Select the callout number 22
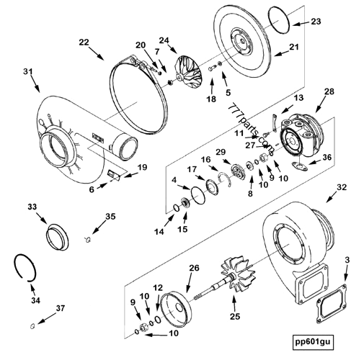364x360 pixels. point(84,42)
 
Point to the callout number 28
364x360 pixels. point(329,91)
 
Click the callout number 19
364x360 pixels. point(142,167)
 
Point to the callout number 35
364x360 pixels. point(110,216)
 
